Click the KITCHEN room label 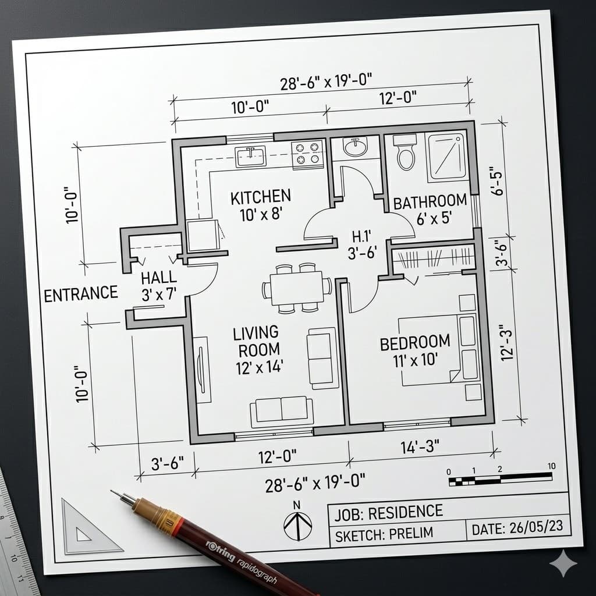260,197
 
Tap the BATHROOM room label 430,202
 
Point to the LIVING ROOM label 256,341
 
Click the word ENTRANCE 81,294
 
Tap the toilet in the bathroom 406,153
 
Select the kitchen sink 251,156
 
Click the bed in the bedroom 439,350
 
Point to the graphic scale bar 500,479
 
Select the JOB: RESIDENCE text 388,512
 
